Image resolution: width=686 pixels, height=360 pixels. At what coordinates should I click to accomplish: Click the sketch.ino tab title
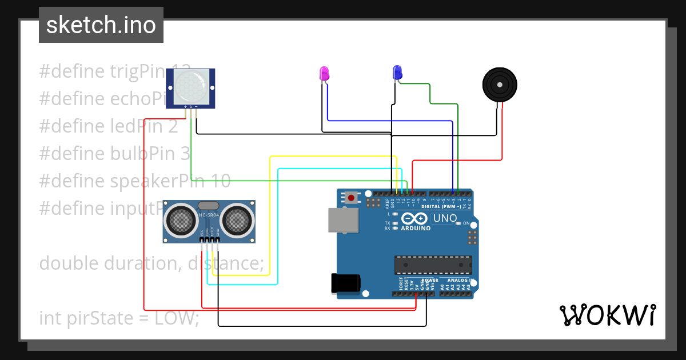[x=101, y=25]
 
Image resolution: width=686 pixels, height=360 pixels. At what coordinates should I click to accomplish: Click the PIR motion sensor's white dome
[x=190, y=87]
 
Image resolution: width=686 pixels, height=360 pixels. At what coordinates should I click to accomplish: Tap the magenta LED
[x=324, y=73]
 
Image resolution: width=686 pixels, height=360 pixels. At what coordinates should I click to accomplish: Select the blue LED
[x=397, y=73]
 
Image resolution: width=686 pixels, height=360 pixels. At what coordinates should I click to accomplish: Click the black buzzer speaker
[x=500, y=85]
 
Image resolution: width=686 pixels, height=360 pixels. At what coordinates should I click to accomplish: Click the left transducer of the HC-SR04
[x=181, y=221]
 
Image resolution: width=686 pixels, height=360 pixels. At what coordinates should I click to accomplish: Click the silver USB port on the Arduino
[x=343, y=220]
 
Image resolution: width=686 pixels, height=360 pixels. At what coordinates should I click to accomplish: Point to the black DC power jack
[x=346, y=283]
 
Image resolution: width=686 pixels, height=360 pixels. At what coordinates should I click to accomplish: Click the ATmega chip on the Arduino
[x=433, y=265]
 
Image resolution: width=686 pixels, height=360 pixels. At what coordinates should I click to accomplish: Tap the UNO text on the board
[x=444, y=218]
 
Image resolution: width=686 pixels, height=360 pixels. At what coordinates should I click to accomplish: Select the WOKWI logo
[x=607, y=315]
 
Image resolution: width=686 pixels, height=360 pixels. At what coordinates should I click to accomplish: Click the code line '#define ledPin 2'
[x=109, y=126]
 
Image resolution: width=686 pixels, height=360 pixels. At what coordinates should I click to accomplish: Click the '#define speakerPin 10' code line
[x=135, y=181]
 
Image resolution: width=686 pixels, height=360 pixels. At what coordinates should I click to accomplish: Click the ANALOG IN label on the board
[x=460, y=281]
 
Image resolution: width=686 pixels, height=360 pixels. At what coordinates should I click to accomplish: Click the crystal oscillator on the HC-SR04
[x=209, y=205]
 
